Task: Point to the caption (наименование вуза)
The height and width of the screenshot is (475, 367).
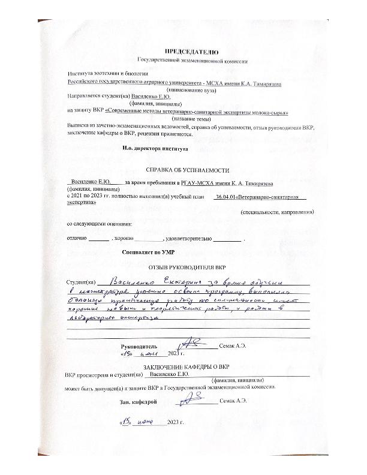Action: point(189,89)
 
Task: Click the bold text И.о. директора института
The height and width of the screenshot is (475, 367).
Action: point(155,148)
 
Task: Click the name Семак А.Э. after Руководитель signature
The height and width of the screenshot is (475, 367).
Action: point(233,347)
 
